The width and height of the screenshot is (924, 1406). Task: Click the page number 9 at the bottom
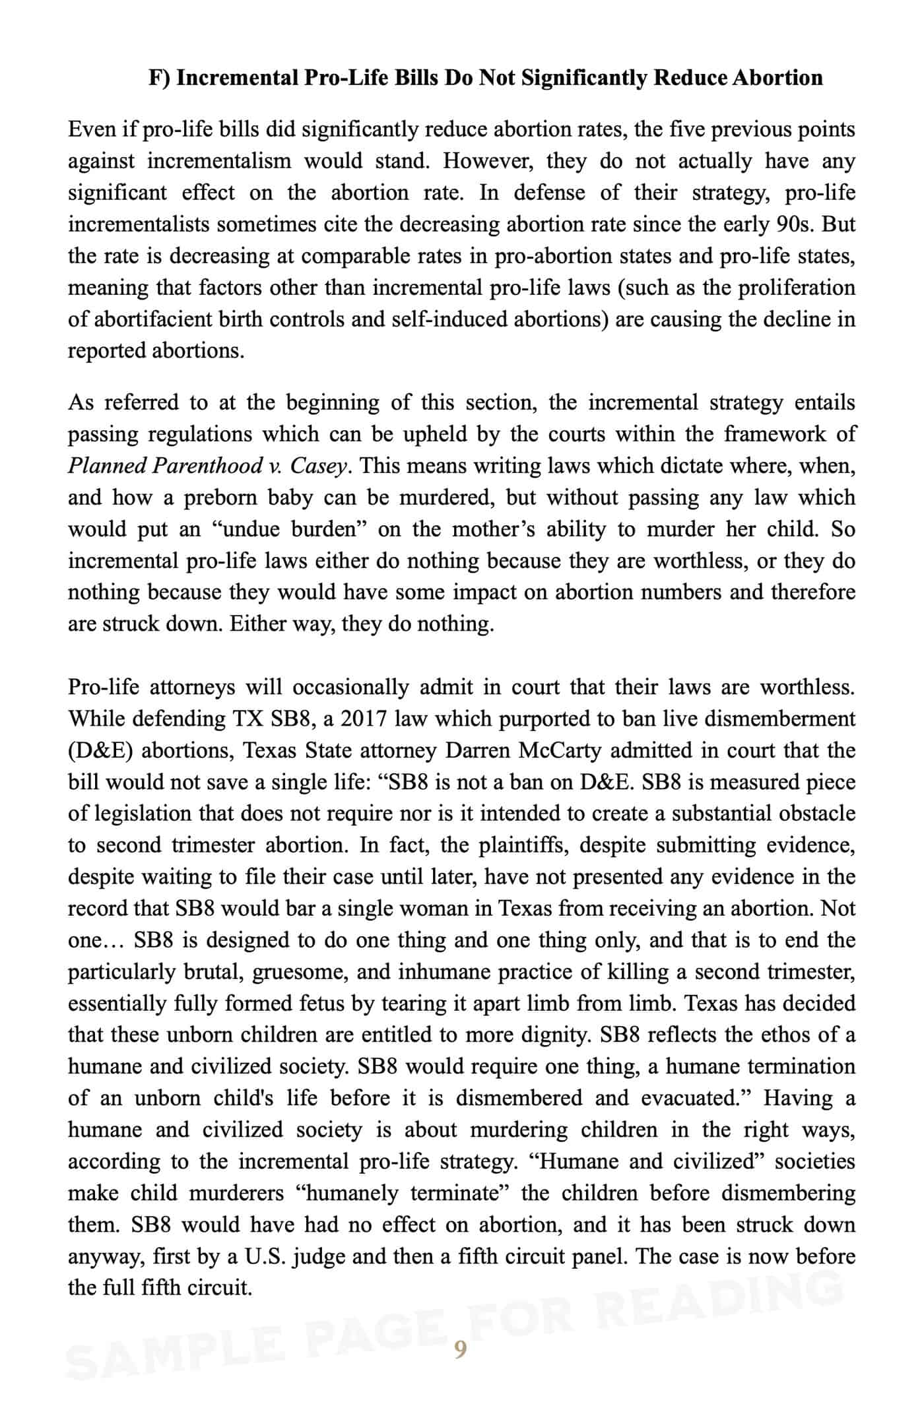pyautogui.click(x=460, y=1349)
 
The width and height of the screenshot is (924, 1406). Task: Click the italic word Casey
pyautogui.click(x=319, y=466)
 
